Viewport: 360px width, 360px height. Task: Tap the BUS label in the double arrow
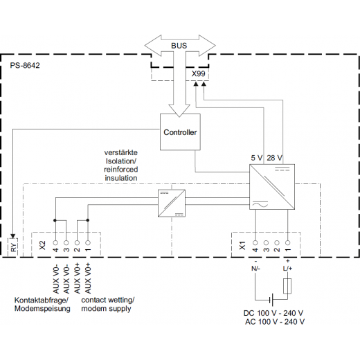point(179,46)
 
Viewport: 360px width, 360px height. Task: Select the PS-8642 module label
point(25,65)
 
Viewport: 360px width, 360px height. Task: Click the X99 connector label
point(198,74)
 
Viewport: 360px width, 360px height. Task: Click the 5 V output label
point(257,158)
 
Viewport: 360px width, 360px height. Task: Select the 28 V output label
point(274,158)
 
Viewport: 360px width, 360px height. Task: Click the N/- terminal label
point(255,269)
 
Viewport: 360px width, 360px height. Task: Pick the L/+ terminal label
point(287,269)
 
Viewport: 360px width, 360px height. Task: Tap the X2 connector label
point(42,245)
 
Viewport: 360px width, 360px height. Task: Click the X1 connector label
point(242,246)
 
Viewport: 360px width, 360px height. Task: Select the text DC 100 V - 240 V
point(273,313)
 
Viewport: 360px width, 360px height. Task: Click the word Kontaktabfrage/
point(42,300)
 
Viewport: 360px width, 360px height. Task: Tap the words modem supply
point(106,309)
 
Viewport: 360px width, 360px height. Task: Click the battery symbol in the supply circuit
point(271,300)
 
